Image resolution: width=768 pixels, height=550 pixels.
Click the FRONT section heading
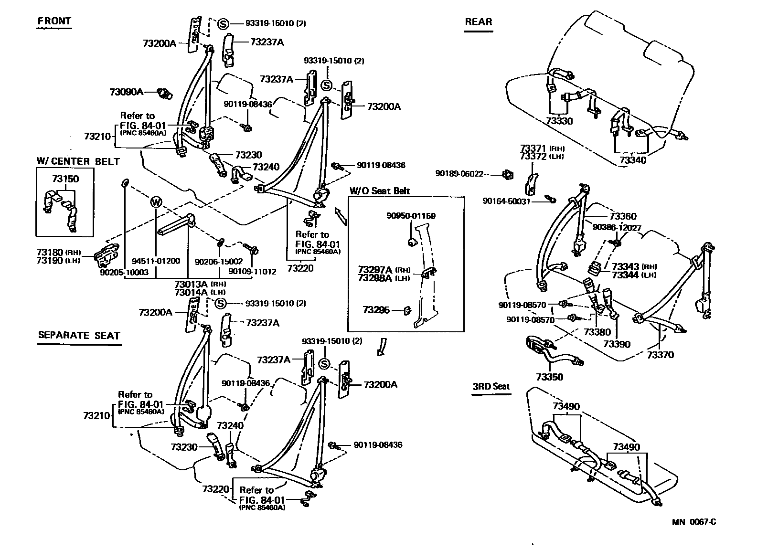(54, 21)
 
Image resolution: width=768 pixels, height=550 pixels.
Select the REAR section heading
(478, 22)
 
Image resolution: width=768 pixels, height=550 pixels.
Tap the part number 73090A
(126, 92)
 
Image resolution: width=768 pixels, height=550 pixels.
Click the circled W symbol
(156, 202)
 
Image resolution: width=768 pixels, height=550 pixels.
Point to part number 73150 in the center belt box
(65, 179)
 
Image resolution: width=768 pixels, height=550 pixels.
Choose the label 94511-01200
(156, 261)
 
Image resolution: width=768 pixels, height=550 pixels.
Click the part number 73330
(559, 121)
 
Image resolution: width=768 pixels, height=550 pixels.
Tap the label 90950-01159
(411, 216)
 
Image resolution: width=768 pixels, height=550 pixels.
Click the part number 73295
(376, 310)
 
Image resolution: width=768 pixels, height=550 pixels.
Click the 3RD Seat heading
(491, 387)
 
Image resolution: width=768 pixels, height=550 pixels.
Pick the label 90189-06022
(459, 174)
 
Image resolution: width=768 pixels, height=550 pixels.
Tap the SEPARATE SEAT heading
(79, 335)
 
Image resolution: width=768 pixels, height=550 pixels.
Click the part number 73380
(597, 332)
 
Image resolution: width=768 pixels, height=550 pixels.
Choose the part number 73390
(617, 344)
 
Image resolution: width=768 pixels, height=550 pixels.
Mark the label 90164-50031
(506, 201)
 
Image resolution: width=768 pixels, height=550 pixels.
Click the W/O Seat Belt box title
(380, 191)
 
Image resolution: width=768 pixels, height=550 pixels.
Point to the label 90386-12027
(617, 228)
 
